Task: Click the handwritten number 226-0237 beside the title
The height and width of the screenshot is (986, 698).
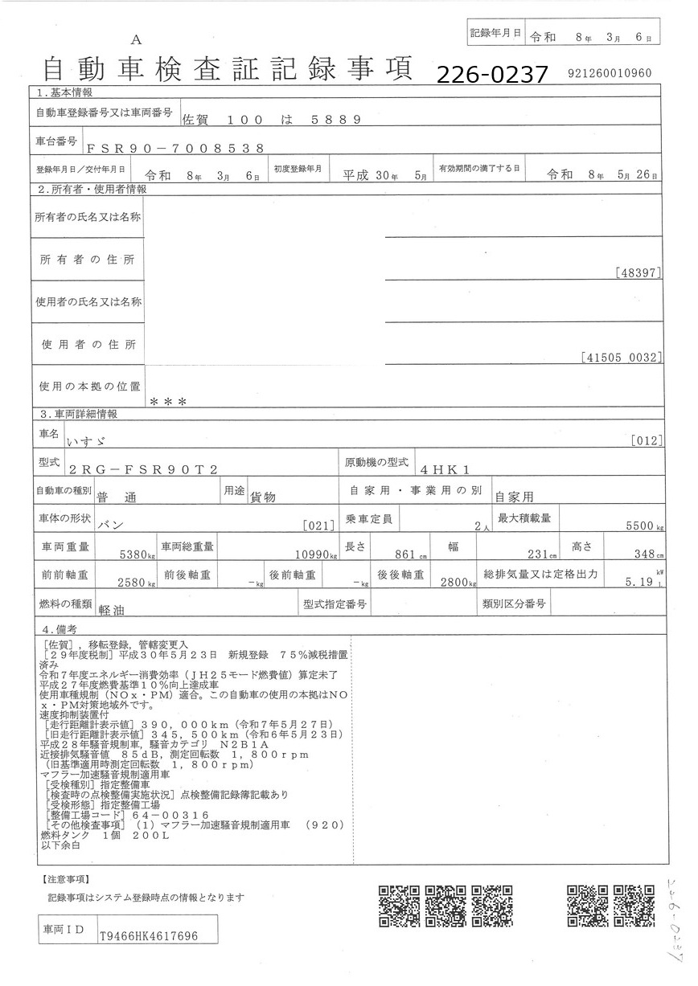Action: tap(492, 75)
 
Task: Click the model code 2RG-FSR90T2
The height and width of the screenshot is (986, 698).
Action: tap(143, 468)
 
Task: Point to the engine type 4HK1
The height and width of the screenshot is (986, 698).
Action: tap(444, 468)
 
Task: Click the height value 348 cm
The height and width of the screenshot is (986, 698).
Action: tap(643, 554)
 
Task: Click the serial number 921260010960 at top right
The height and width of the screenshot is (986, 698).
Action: tap(609, 72)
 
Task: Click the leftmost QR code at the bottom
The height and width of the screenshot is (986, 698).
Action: tap(400, 906)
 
